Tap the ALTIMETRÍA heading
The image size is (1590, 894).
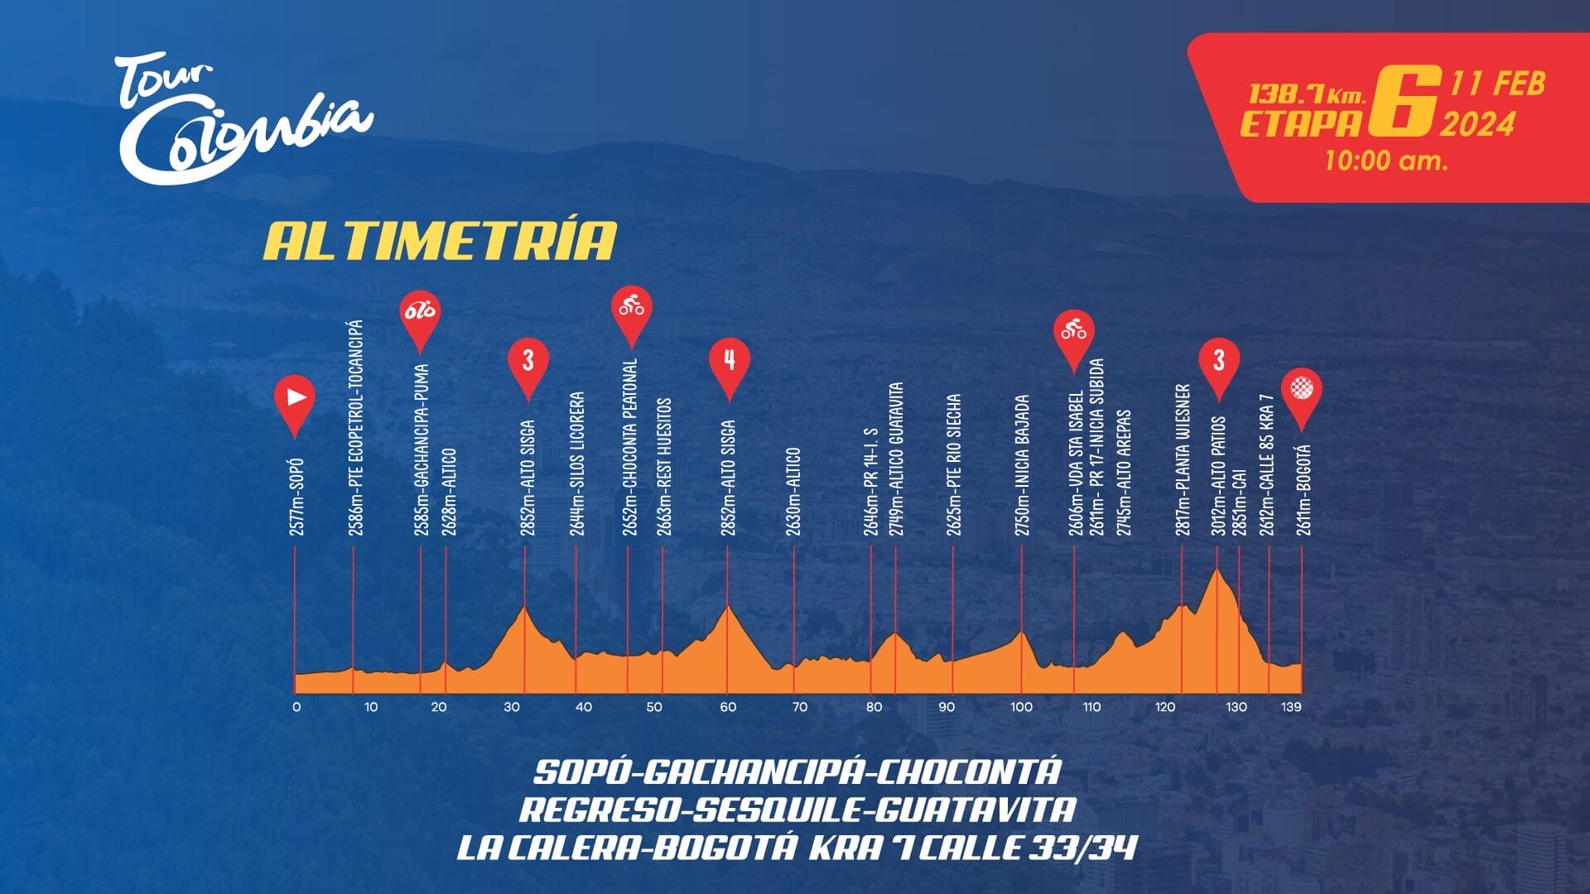(440, 241)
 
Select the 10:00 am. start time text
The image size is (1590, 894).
(1385, 160)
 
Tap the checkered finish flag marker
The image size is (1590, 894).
(1301, 390)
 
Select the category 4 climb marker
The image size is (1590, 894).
(729, 361)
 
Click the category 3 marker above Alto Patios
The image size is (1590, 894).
(1218, 361)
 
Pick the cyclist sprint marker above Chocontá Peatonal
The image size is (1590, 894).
(632, 308)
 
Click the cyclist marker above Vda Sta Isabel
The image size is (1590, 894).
(1074, 333)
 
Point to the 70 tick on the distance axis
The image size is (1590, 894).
(799, 707)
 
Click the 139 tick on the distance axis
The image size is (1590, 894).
(1291, 707)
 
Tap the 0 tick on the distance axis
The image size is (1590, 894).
(296, 707)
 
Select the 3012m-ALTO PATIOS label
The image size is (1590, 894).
(1218, 476)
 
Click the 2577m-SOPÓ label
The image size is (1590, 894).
(297, 497)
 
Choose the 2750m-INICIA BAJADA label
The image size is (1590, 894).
(1023, 465)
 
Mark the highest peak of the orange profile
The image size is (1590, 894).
(1217, 570)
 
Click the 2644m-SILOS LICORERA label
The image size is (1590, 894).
(577, 464)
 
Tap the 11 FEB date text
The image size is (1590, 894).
(1497, 84)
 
